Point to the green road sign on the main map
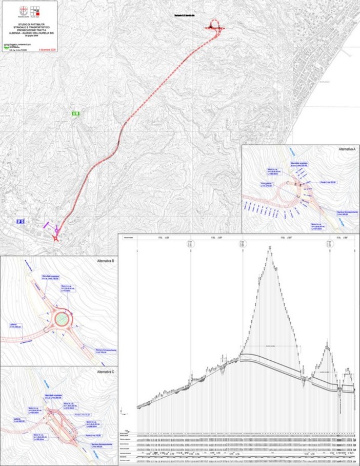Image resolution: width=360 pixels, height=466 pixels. (x=75, y=113)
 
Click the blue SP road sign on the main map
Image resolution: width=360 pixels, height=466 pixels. (x=20, y=221)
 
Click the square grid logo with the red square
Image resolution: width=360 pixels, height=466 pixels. (x=35, y=10)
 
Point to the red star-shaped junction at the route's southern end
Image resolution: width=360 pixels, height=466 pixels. (x=56, y=238)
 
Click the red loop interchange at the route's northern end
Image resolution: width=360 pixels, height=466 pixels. (x=216, y=26)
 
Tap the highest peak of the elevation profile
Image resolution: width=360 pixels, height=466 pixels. (x=269, y=247)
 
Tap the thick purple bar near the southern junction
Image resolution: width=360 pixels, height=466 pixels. (x=48, y=224)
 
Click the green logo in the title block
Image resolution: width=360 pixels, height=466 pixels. (x=6, y=45)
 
